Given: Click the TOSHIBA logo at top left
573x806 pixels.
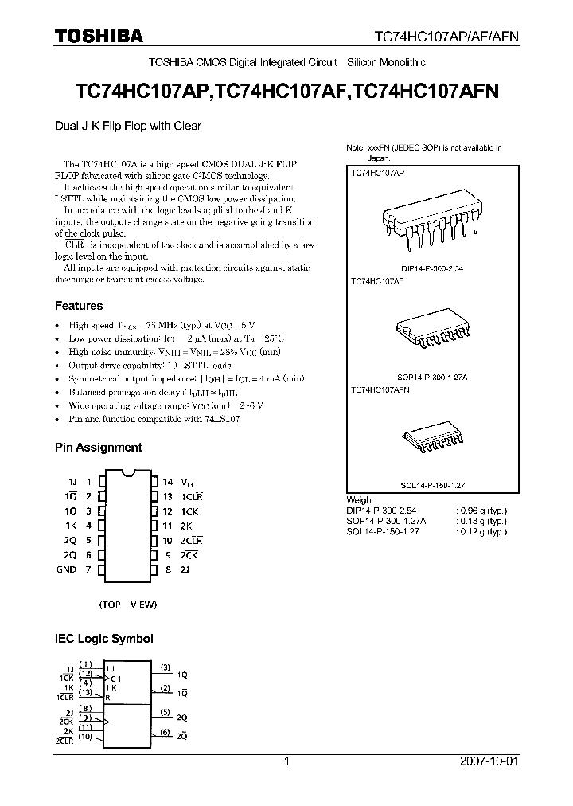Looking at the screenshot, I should (99, 35).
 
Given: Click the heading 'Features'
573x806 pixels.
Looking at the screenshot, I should (78, 306).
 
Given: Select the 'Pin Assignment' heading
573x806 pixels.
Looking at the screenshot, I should (98, 448).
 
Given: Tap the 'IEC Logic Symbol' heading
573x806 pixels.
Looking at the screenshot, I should (103, 639).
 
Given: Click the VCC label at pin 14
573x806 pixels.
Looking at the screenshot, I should (187, 482).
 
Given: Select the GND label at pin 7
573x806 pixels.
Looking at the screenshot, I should (66, 569).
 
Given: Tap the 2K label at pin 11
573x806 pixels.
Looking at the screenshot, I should (185, 526).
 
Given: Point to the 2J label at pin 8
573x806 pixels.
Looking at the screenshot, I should (185, 569).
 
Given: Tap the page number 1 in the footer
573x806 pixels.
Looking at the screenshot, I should (286, 761).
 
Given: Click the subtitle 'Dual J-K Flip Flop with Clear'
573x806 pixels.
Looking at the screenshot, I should (127, 126).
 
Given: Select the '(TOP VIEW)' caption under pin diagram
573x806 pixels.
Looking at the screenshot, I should (128, 604).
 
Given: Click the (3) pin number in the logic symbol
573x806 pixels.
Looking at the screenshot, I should (165, 667).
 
